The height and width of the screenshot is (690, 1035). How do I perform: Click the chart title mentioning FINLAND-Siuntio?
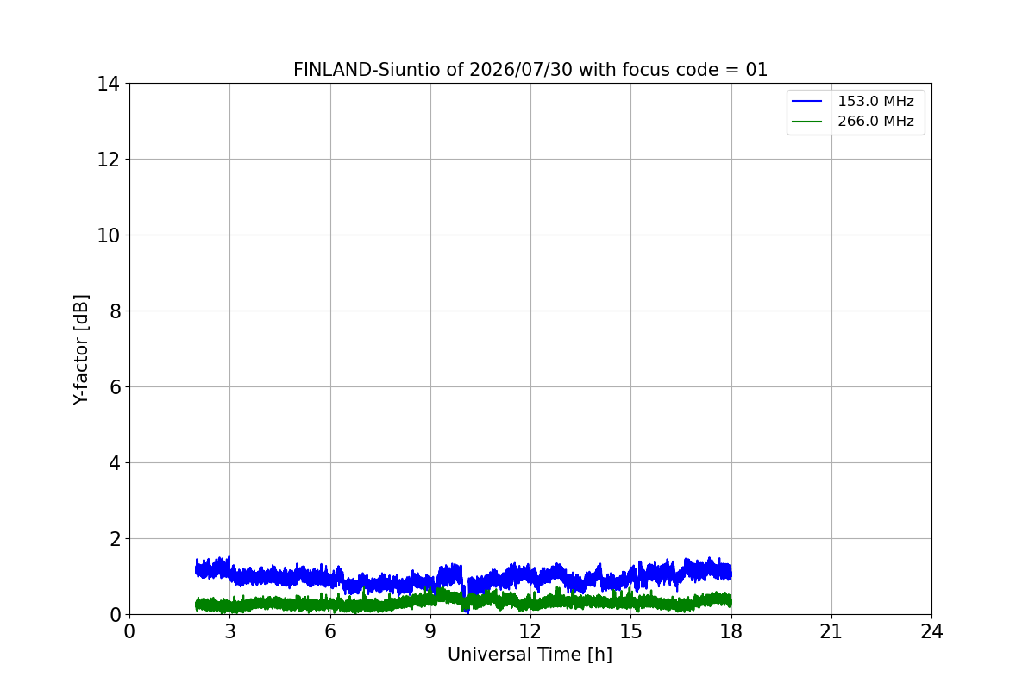[530, 70]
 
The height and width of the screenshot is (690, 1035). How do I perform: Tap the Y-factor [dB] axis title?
[81, 350]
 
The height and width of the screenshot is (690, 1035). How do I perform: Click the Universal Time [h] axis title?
[530, 655]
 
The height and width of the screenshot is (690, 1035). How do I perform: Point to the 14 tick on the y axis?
[108, 85]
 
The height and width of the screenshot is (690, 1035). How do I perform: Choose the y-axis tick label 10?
[108, 235]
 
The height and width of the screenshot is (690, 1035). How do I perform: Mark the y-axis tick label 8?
[115, 311]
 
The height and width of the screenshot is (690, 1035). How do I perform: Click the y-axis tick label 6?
[115, 387]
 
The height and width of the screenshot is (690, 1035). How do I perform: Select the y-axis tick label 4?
[115, 463]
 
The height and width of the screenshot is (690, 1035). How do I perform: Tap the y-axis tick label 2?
[115, 539]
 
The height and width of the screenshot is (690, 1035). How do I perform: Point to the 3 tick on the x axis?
[230, 631]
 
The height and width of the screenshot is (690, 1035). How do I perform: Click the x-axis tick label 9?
[430, 631]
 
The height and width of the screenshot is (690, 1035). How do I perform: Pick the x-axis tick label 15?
[630, 631]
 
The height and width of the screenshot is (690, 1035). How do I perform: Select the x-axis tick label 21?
[831, 631]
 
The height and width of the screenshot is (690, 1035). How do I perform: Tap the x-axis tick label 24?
[931, 631]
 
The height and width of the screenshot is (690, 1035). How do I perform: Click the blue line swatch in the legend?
[806, 101]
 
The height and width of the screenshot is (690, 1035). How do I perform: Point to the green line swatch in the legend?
[806, 122]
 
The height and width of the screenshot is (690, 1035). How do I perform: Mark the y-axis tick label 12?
[108, 160]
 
